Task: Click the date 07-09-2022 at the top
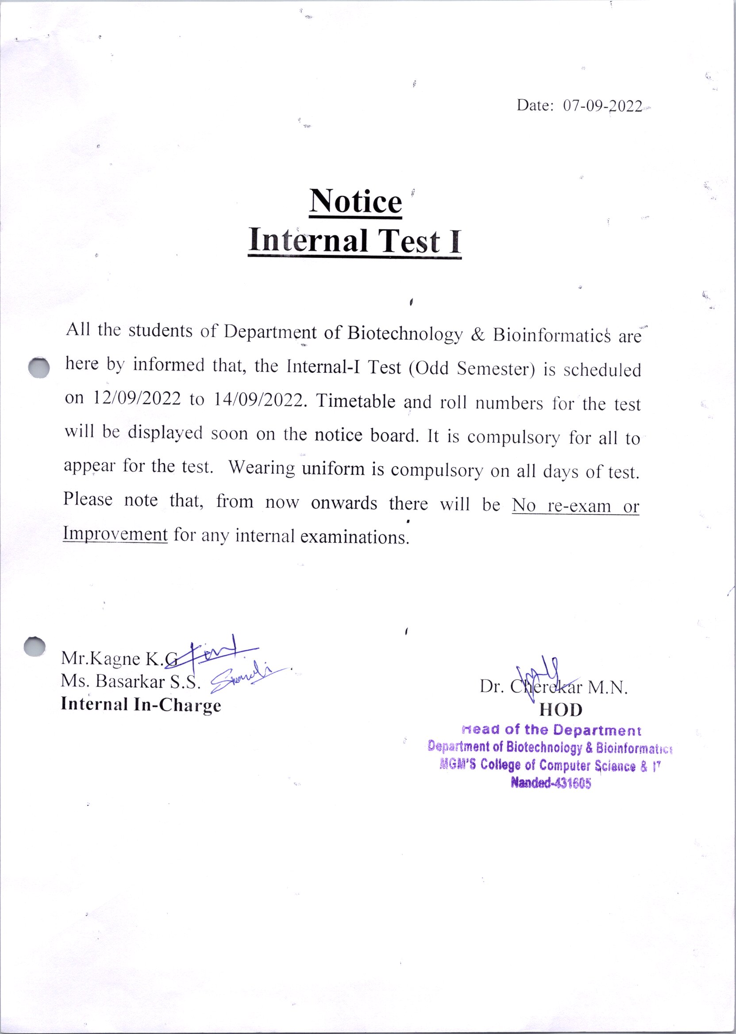coord(602,107)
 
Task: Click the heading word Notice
coord(355,202)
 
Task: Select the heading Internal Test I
coord(355,241)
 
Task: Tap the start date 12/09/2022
coord(137,398)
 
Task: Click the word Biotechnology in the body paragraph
coord(405,334)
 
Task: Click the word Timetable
coord(355,401)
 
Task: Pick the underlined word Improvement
coord(116,534)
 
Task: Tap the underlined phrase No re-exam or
coord(575,506)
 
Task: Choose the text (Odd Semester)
coord(472,369)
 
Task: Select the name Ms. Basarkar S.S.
coord(131,682)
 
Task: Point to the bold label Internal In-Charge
coord(141,705)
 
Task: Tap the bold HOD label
coord(561,710)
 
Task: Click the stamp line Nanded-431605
coord(551,783)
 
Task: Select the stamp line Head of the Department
coord(551,730)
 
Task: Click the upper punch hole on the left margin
coord(39,366)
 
